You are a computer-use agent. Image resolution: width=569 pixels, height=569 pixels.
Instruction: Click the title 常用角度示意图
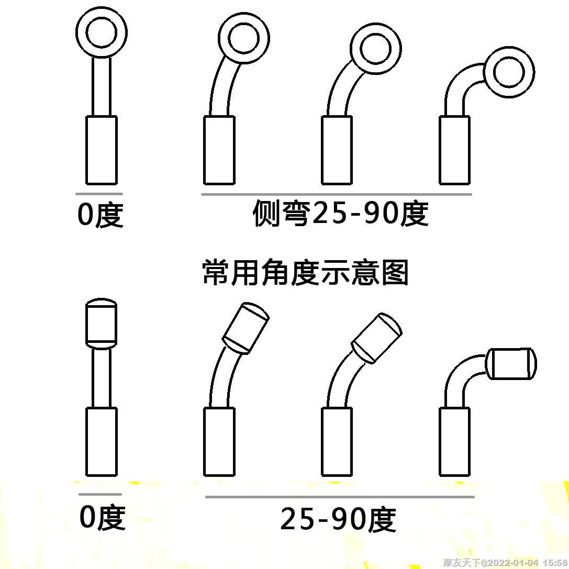point(306,272)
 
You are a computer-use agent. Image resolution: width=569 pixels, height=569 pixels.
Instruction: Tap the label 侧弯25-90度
point(340,213)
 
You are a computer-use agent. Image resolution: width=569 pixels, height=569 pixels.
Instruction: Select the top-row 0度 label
point(101,215)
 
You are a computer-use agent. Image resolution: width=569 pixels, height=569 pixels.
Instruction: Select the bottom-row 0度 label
point(102,517)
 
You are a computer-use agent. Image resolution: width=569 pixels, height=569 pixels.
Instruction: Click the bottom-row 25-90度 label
point(338,519)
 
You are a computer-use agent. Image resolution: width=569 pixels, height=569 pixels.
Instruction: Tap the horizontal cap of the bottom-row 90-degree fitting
point(511,364)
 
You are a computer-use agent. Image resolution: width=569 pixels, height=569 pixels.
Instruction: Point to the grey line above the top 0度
point(99,194)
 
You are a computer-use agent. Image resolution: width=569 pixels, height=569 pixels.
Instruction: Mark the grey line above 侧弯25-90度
point(337,195)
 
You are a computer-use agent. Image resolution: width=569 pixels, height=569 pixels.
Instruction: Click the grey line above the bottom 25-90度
point(340,497)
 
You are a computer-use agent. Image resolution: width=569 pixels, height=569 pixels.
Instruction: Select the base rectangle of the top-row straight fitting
point(101,150)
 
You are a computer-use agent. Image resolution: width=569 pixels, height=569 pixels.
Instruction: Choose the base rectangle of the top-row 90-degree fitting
point(455,150)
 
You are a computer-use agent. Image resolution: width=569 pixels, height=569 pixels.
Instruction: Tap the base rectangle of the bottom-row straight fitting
point(101,442)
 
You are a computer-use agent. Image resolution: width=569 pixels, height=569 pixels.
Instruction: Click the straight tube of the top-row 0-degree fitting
point(102,87)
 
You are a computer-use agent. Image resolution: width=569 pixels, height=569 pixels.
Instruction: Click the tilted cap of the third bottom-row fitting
point(376,338)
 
